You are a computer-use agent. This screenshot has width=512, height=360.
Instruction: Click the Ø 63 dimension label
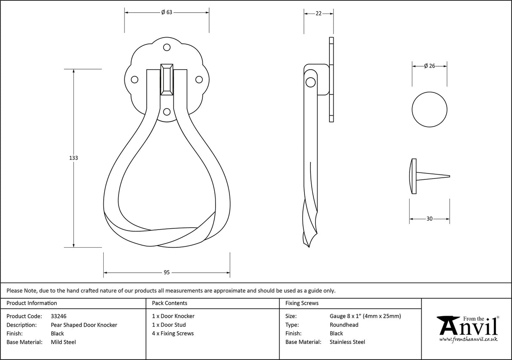pyautogui.click(x=167, y=12)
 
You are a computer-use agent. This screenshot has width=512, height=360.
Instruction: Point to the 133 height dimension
pyautogui.click(x=73, y=158)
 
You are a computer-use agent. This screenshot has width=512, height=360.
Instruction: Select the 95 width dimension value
pyautogui.click(x=167, y=273)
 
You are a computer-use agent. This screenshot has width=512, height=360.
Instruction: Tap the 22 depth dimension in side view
pyautogui.click(x=319, y=14)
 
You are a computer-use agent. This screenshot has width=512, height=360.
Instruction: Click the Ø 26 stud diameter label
pyautogui.click(x=429, y=66)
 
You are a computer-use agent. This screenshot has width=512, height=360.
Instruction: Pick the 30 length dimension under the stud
pyautogui.click(x=429, y=219)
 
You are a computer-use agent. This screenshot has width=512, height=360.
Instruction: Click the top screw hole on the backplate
pyautogui.click(x=167, y=49)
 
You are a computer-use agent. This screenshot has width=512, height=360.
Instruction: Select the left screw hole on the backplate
pyautogui.click(x=135, y=79)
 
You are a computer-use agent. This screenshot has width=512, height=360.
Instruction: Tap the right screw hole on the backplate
pyautogui.click(x=199, y=79)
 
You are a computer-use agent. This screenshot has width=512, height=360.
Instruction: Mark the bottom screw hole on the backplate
pyautogui.click(x=167, y=111)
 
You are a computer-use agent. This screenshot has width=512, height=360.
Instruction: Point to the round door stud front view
pyautogui.click(x=429, y=109)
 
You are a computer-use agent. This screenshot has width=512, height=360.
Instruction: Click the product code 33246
pyautogui.click(x=59, y=316)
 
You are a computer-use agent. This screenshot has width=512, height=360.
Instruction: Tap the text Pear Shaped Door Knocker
pyautogui.click(x=84, y=325)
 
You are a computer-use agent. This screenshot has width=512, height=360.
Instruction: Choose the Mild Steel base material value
pyautogui.click(x=63, y=342)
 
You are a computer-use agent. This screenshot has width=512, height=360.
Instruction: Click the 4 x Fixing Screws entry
pyautogui.click(x=173, y=333)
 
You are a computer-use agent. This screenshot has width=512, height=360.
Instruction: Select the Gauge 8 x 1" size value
pyautogui.click(x=365, y=316)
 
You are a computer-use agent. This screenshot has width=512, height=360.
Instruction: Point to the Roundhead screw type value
pyautogui.click(x=344, y=325)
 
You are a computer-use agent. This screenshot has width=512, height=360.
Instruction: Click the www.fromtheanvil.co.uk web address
pyautogui.click(x=468, y=339)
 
